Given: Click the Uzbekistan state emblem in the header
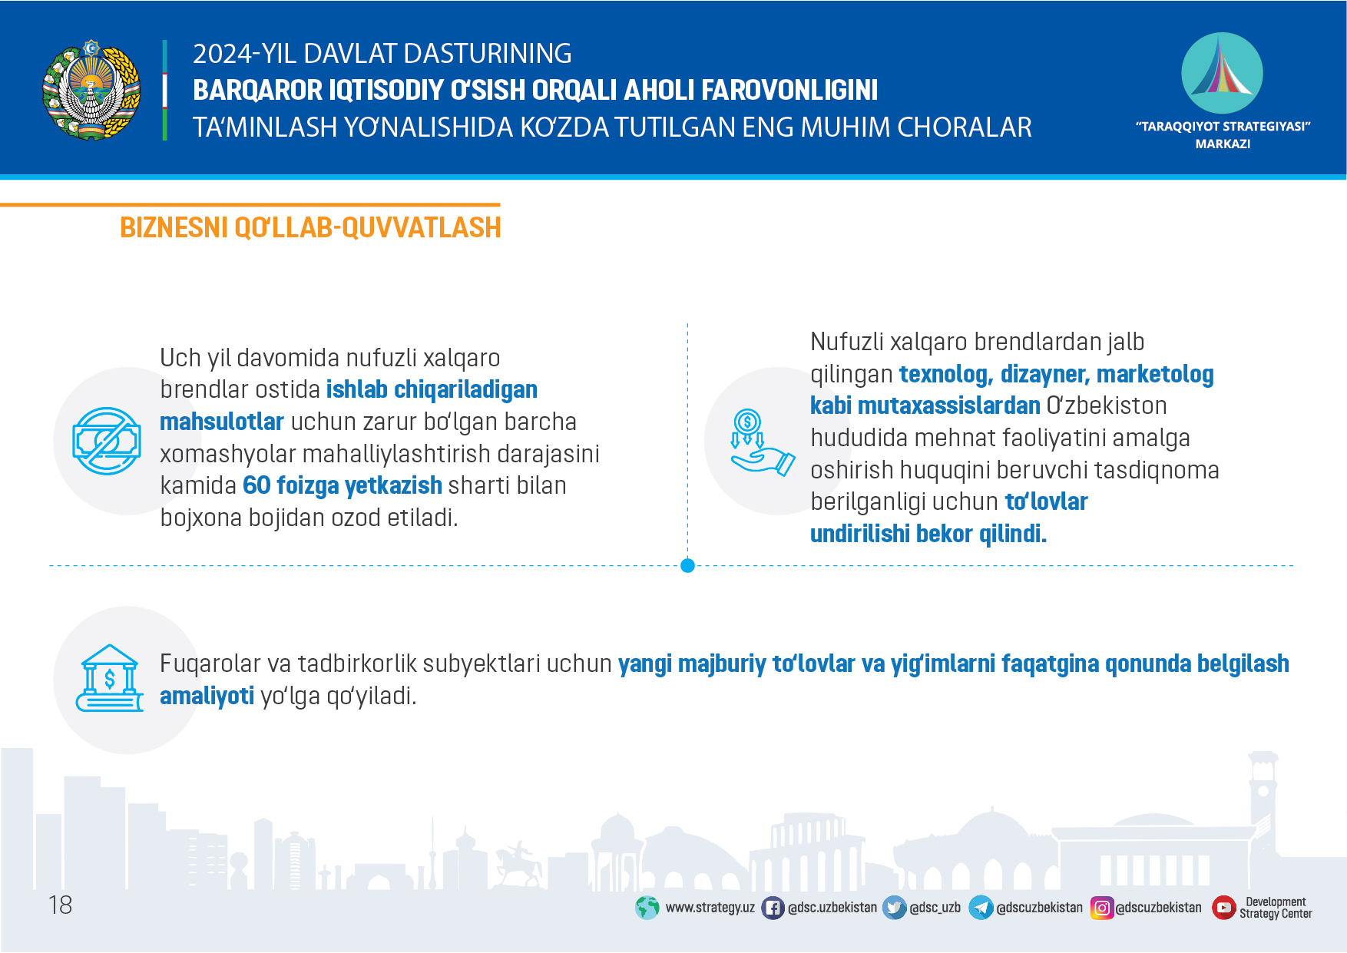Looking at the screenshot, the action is pos(91,90).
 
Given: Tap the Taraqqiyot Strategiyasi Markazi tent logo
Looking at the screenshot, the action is pos(1222,73).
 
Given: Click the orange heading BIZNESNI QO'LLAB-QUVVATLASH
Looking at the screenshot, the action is pos(310,228).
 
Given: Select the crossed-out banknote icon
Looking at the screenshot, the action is pos(107,441).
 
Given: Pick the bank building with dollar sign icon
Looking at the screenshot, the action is pos(110,678).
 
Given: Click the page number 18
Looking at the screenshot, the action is pos(60,905).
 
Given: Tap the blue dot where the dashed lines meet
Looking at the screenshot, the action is pos(687,566).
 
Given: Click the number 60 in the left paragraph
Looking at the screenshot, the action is pos(256,485).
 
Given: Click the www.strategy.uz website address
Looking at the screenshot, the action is pos(710,908).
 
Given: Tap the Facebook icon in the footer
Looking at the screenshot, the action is pos(773,908).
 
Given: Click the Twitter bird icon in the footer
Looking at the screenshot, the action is pos(894,908).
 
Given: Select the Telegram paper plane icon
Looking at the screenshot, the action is pos(981,908).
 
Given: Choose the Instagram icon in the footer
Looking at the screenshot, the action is pos(1102,908).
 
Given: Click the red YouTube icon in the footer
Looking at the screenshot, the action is pos(1223,908).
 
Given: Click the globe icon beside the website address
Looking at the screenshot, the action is pos(647,908).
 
